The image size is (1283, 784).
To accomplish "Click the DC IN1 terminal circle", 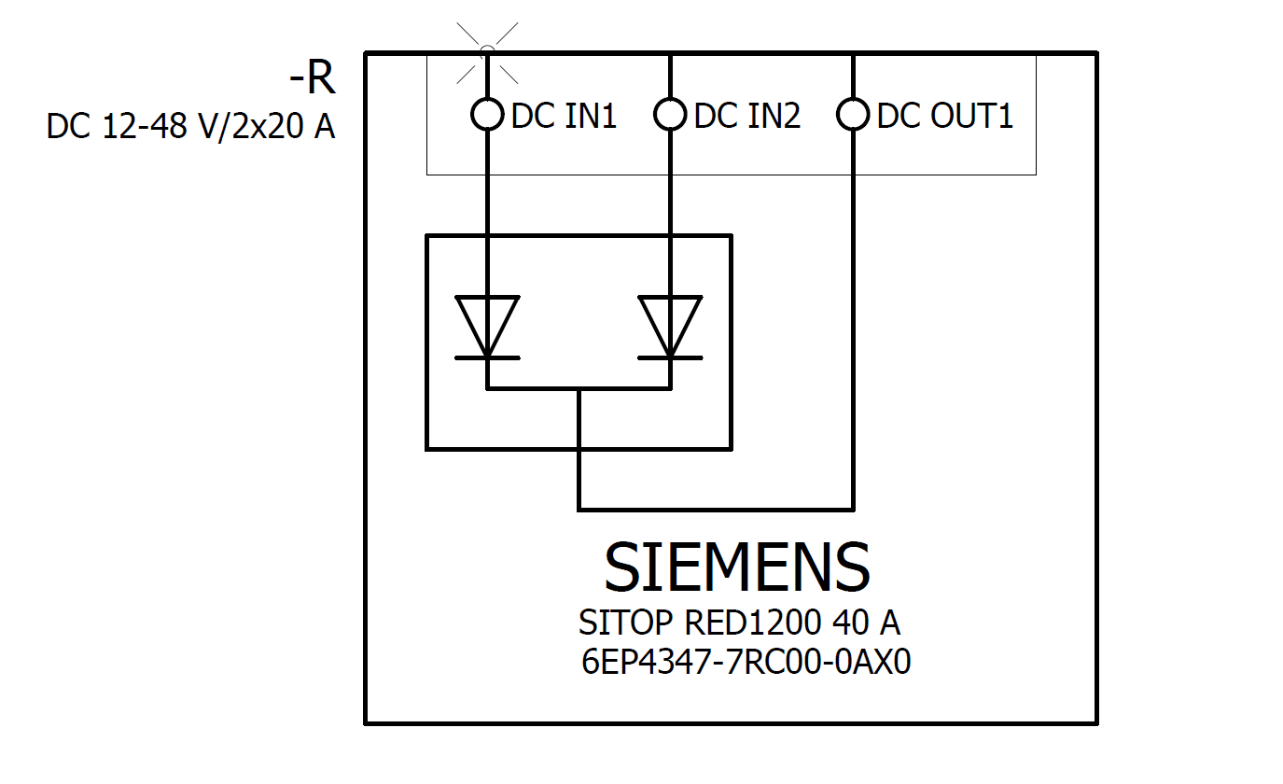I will coord(486,115).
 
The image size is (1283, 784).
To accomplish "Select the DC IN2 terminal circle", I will coord(670,115).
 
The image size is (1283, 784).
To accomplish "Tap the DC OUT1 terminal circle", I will coord(853,115).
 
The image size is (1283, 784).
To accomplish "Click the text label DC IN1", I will coord(564,116).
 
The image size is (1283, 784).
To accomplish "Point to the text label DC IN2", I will coord(747,116).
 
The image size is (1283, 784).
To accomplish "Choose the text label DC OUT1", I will coord(944,116).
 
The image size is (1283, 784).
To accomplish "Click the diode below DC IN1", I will coord(486,327).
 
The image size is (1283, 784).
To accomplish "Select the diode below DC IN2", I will coord(670,327).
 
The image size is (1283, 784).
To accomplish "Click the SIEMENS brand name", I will coord(737,567).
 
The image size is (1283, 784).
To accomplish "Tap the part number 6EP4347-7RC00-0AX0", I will coord(746,662).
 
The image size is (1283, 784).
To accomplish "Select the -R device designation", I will coord(312,80).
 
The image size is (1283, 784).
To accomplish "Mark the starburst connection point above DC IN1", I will coord(486,50).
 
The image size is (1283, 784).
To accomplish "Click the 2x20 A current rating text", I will coord(275,126).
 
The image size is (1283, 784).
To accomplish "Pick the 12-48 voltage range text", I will coord(141,126).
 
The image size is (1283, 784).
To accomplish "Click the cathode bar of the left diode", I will coord(486,357).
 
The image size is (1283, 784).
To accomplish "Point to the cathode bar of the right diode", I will coord(670,357).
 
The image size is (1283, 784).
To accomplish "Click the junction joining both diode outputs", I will coord(579,388).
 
